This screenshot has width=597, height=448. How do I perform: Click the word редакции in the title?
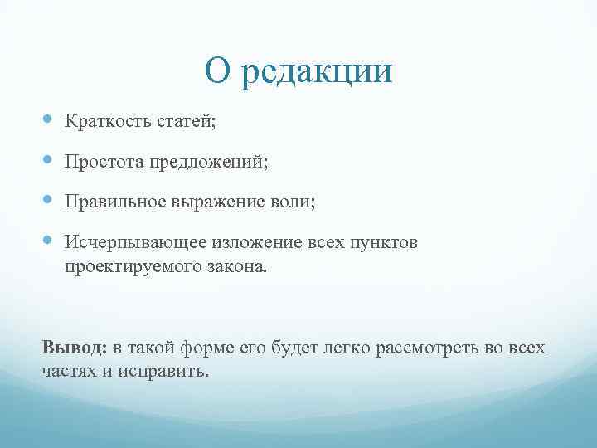coord(317,72)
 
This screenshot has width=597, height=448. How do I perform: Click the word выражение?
coord(216,202)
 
